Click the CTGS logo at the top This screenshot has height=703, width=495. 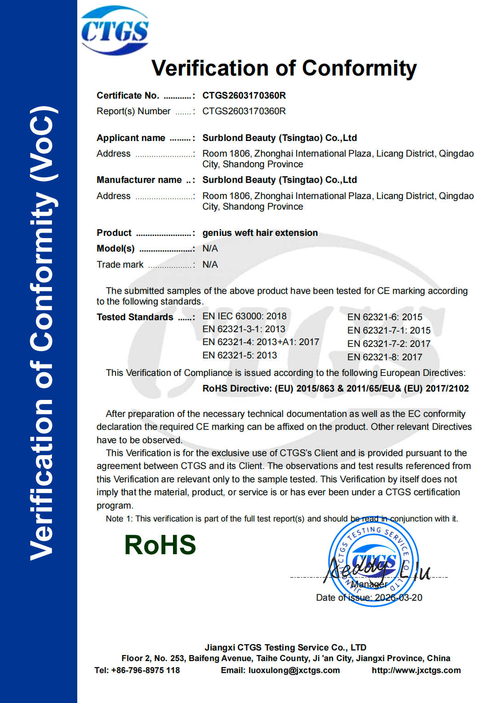click(115, 30)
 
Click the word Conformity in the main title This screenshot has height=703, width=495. click(359, 68)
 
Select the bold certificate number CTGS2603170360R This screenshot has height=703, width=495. click(244, 95)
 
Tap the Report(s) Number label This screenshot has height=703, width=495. click(133, 111)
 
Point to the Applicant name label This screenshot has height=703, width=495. click(131, 138)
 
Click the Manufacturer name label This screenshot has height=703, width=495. click(139, 180)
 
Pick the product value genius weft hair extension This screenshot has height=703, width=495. click(260, 233)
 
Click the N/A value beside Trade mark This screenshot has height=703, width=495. click(210, 264)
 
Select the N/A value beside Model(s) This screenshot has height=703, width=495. click(210, 248)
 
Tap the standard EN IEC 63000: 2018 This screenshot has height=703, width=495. click(244, 316)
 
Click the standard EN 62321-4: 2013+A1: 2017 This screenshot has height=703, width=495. click(260, 342)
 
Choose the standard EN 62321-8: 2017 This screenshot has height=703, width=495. click(385, 357)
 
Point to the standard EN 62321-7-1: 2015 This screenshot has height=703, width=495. click(389, 330)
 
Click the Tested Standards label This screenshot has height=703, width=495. click(135, 317)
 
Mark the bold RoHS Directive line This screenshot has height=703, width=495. click(335, 388)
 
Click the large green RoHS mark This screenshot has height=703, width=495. click(160, 545)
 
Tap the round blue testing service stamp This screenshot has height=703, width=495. click(374, 562)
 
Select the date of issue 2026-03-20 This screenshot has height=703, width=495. click(398, 598)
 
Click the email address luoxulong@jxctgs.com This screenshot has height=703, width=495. click(294, 670)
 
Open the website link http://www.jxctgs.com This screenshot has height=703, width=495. click(416, 670)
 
